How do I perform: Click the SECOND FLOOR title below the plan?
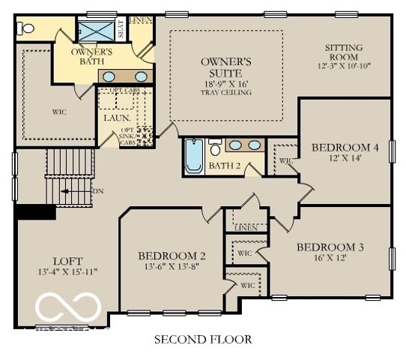pyautogui.click(x=202, y=340)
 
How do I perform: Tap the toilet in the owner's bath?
pyautogui.click(x=28, y=28)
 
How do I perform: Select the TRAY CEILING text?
pyautogui.click(x=225, y=93)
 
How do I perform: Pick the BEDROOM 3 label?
pyautogui.click(x=330, y=247)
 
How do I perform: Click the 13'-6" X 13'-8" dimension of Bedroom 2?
pyautogui.click(x=171, y=267)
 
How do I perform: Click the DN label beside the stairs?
pyautogui.click(x=97, y=191)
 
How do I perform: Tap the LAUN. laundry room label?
pyautogui.click(x=117, y=118)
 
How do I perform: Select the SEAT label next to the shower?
pyautogui.click(x=121, y=28)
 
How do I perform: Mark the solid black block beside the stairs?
pyautogui.click(x=35, y=211)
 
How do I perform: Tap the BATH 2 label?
pyautogui.click(x=224, y=166)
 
